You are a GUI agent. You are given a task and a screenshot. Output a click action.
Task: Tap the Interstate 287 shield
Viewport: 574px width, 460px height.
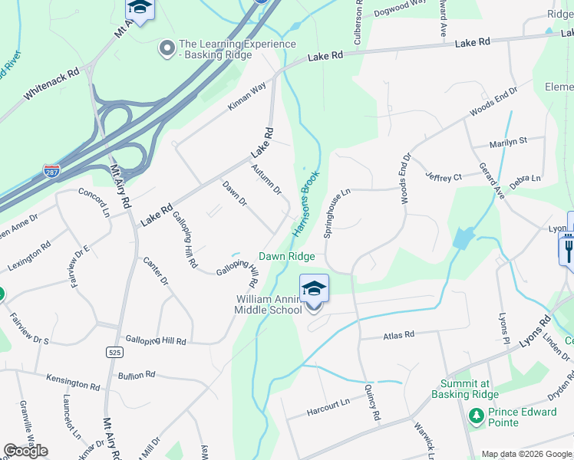[51, 170]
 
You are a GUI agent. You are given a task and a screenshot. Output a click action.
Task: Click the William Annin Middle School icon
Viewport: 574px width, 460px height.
[314, 289]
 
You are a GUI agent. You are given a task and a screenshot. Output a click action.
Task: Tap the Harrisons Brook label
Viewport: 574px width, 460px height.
[305, 203]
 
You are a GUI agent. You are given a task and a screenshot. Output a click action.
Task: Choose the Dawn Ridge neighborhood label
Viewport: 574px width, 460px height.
[286, 256]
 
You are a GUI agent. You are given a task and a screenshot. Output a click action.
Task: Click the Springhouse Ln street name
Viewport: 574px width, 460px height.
[336, 215]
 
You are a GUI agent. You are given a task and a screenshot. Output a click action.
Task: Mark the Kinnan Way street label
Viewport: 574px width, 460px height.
[246, 97]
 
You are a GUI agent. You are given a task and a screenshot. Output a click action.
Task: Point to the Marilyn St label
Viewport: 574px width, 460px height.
[509, 141]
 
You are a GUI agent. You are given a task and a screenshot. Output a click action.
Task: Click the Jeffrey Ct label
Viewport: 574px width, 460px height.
[444, 177]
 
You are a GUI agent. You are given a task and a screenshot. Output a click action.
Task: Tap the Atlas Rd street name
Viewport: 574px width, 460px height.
[398, 335]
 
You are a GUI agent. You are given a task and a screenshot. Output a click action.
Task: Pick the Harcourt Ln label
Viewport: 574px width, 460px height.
[328, 401]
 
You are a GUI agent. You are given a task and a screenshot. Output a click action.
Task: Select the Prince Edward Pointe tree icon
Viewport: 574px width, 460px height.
[476, 416]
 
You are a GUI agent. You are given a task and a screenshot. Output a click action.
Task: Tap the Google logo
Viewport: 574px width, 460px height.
[25, 451]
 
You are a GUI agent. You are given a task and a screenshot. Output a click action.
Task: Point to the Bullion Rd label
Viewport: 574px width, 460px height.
[137, 376]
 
